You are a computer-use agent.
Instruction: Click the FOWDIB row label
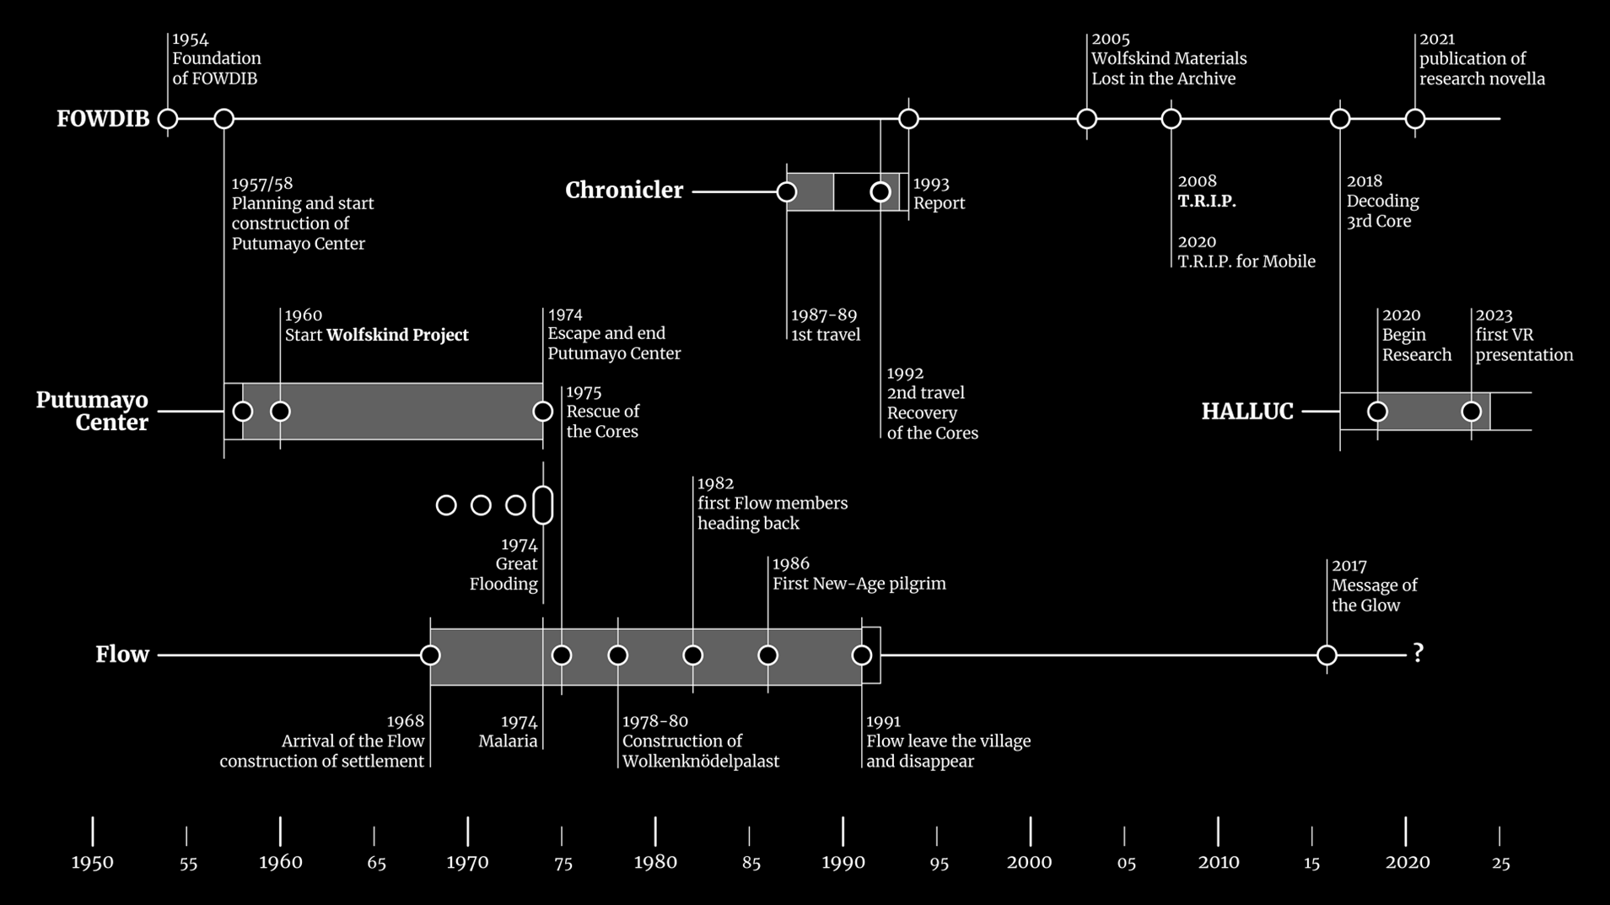tap(103, 119)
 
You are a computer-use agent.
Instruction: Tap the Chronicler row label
tap(624, 191)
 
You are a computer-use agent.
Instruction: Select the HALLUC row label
tap(1247, 412)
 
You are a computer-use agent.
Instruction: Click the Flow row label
tap(121, 655)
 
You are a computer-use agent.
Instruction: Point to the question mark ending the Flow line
tap(1419, 654)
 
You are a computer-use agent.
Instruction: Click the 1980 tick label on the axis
tap(655, 862)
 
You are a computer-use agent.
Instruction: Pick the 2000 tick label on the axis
tap(1030, 862)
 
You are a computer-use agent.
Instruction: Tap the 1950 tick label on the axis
tap(93, 862)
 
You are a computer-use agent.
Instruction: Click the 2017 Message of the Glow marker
tap(1327, 655)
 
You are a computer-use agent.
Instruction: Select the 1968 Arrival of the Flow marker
tap(430, 655)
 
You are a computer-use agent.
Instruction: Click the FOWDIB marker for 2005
tap(1087, 119)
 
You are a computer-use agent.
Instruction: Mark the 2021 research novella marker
tap(1415, 119)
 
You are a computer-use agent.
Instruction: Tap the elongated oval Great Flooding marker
tap(543, 505)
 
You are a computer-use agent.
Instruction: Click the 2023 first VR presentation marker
tap(1472, 412)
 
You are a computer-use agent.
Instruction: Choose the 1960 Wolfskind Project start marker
tap(280, 412)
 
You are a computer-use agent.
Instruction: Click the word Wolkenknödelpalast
tap(700, 762)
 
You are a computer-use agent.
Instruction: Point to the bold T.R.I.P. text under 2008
tap(1207, 202)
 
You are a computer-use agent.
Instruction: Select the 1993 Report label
tap(939, 194)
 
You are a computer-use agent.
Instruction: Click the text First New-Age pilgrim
tap(859, 584)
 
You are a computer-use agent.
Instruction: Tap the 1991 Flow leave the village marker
tap(862, 655)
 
